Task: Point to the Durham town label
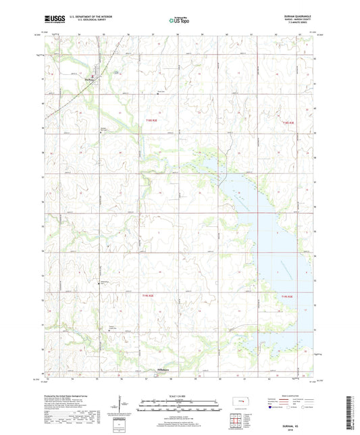(x=89, y=77)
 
